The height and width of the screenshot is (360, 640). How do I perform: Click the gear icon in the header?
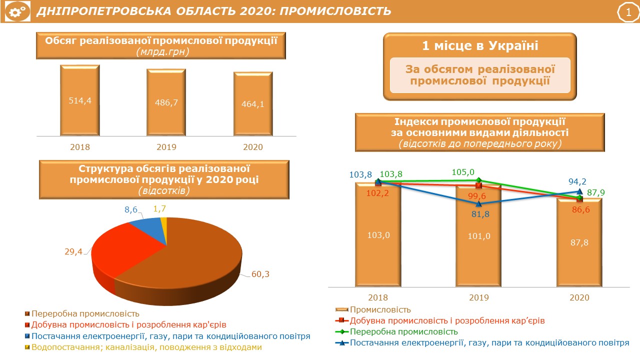[17, 11]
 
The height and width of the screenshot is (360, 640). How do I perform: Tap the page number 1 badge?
[628, 12]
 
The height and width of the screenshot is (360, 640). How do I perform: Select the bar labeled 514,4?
[80, 100]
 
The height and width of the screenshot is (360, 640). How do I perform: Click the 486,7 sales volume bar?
[166, 102]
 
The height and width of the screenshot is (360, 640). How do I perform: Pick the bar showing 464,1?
[253, 103]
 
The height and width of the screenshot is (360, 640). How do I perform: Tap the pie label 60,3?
[260, 274]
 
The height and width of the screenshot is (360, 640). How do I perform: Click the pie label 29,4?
[73, 251]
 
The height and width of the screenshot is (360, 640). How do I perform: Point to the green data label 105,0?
[463, 172]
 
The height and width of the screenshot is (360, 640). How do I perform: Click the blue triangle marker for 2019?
[479, 204]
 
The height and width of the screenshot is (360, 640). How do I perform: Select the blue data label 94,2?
[577, 181]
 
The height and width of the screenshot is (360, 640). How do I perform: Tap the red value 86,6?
[581, 209]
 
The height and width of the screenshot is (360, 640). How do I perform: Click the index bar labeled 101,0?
[479, 235]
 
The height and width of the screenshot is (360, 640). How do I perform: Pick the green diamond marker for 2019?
[479, 180]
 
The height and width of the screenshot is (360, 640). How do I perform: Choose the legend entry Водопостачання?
[143, 347]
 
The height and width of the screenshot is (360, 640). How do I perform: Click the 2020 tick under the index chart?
[579, 297]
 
